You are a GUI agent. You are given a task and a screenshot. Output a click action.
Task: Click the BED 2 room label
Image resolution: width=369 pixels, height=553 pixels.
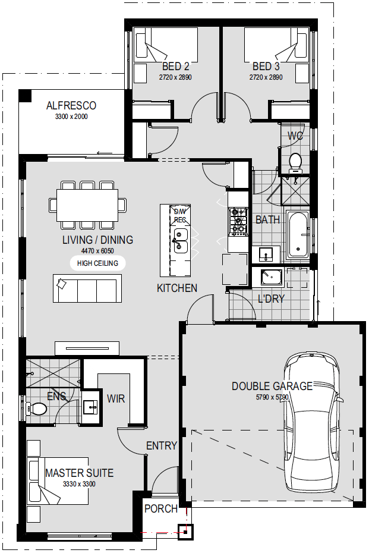coord(175,67)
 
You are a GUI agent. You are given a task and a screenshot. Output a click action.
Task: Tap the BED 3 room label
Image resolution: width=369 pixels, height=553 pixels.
coord(266,67)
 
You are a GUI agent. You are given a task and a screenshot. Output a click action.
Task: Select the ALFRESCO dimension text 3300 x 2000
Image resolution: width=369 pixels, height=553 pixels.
coord(71,117)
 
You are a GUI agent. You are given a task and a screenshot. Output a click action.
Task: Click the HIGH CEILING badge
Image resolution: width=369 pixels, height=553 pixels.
coord(97,263)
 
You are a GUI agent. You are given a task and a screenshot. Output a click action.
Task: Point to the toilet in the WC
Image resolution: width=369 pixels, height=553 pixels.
coord(295,163)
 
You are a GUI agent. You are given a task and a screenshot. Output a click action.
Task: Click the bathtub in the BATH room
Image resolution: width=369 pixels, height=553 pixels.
coord(298,234)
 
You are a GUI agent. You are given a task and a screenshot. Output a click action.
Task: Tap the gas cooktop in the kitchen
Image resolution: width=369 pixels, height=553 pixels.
coord(238,221)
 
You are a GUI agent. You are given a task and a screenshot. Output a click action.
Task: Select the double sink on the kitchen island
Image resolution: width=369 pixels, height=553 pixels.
coord(181,241)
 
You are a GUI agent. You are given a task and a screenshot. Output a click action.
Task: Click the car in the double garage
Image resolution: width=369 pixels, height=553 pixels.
coord(313,423)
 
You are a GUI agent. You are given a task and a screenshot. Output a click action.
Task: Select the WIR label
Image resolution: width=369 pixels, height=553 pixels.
coord(116,399)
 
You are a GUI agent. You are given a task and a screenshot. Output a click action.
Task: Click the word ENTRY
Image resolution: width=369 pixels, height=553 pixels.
coord(162,446)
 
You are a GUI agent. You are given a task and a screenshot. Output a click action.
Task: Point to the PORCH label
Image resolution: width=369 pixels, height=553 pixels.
coord(161,509)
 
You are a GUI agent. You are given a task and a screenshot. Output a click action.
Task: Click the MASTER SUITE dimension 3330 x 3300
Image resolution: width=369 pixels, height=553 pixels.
coord(79,484)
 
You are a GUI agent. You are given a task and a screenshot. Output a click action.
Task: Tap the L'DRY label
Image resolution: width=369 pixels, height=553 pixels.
coord(271,299)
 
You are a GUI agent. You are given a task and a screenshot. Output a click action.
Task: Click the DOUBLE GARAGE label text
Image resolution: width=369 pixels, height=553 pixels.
coord(272,386)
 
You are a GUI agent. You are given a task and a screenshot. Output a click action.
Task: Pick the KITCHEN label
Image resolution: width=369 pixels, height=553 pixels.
coord(177,288)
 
